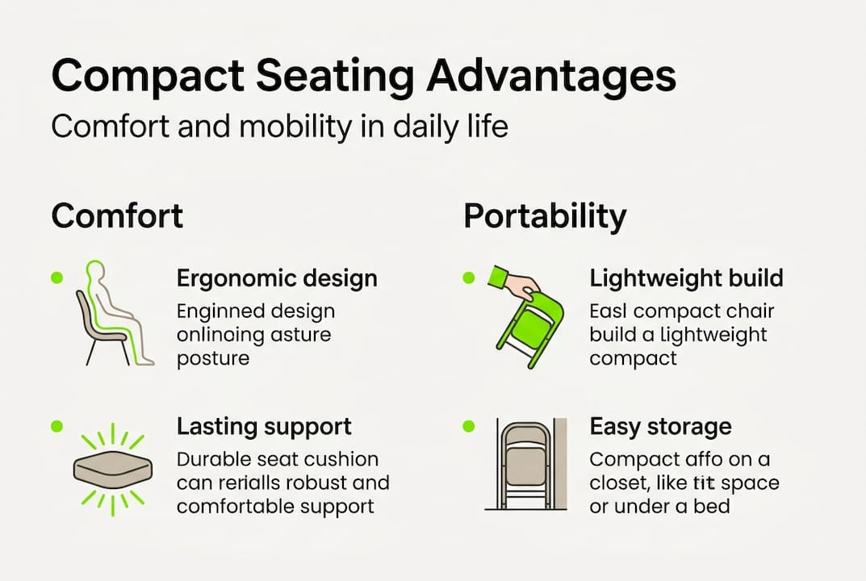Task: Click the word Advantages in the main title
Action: click(x=550, y=77)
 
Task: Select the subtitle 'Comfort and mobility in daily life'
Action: click(x=279, y=127)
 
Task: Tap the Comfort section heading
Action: click(x=117, y=216)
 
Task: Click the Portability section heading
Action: click(x=545, y=216)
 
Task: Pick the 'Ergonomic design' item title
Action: click(x=277, y=279)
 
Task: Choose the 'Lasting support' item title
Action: click(x=264, y=426)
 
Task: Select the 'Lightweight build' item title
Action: click(x=686, y=279)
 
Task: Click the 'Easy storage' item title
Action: click(x=660, y=426)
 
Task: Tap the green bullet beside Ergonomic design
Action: click(x=56, y=278)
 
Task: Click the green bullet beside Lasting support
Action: click(x=56, y=424)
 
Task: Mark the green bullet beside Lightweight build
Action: click(x=469, y=278)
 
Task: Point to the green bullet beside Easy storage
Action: click(x=469, y=424)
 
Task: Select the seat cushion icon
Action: click(x=113, y=469)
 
